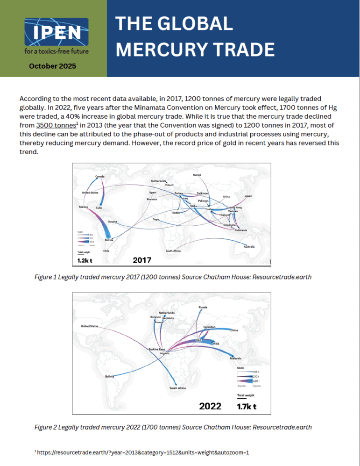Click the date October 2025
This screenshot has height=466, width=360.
coord(53,66)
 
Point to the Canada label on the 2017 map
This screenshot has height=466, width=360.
coord(100,177)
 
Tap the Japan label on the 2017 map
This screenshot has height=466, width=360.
coord(248,196)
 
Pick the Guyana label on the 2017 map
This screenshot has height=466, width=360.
coord(112,221)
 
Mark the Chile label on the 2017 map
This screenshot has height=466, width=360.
coord(106,251)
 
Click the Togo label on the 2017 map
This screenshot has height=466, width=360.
coord(156,219)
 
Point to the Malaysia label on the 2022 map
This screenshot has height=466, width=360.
coord(235,358)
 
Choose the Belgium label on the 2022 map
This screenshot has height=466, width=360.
coord(155,316)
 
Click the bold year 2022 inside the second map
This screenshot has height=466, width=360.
coord(210,406)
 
